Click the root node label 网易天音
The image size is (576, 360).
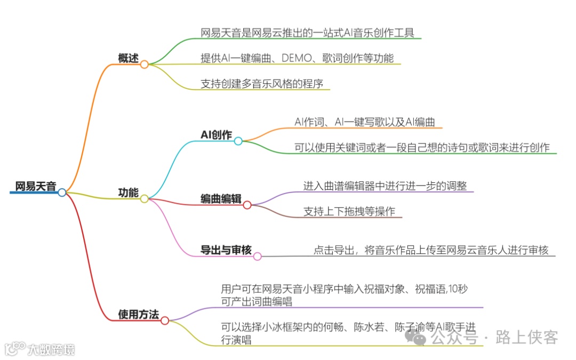(x=35, y=187)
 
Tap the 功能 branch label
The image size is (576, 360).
(x=128, y=193)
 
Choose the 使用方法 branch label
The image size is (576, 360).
(x=138, y=315)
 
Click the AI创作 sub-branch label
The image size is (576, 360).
(x=216, y=135)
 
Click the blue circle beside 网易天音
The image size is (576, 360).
(x=62, y=193)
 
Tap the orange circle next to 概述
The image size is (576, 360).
(x=145, y=64)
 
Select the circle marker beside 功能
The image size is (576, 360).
(x=145, y=198)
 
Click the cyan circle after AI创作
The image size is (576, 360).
(x=238, y=141)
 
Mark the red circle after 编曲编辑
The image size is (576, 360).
(x=247, y=205)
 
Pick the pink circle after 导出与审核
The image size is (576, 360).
(x=257, y=257)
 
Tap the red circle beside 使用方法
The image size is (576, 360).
(x=165, y=321)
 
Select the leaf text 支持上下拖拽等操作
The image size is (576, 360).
(x=349, y=211)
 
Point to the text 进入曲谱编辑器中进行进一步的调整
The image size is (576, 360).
(x=385, y=186)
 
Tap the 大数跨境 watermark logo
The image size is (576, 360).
(x=40, y=349)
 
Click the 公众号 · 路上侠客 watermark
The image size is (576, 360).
(x=482, y=337)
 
